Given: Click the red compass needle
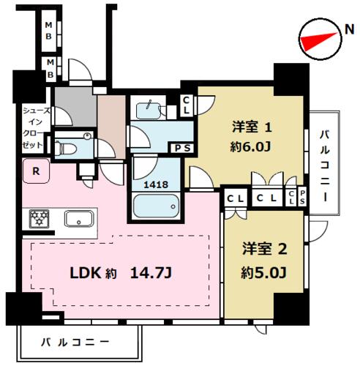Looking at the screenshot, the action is click(x=317, y=40).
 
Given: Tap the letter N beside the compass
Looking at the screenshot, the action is click(x=350, y=29).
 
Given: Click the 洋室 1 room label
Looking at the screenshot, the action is click(x=252, y=127).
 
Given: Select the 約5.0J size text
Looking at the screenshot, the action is click(x=263, y=272).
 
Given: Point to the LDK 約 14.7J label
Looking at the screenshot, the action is click(x=121, y=273).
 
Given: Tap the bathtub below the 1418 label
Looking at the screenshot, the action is click(x=156, y=206).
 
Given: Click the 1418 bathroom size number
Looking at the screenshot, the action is click(x=156, y=184).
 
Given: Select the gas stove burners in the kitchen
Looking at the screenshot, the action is click(x=39, y=219).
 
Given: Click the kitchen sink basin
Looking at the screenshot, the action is click(x=79, y=219).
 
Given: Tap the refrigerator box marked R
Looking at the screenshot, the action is click(x=37, y=171).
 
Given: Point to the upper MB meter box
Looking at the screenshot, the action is click(x=49, y=31).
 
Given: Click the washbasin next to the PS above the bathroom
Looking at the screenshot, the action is click(x=149, y=111).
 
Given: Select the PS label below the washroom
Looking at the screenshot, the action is click(x=182, y=149).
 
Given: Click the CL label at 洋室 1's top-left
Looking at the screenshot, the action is click(x=186, y=105).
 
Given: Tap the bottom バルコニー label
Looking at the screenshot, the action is click(x=75, y=343).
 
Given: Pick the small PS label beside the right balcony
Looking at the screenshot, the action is click(x=302, y=197).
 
